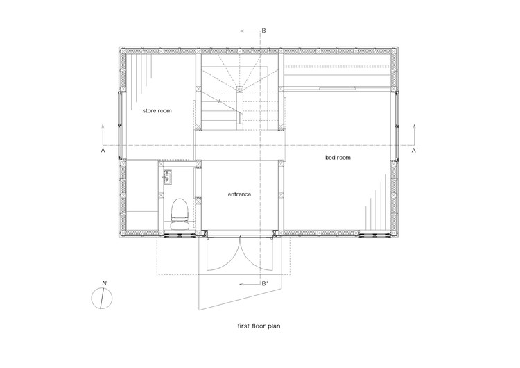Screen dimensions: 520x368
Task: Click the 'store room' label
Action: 157,111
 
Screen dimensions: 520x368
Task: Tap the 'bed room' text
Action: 338,158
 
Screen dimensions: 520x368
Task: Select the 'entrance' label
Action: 239,194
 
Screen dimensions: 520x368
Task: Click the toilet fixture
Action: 180,214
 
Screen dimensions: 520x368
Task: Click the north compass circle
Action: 101,299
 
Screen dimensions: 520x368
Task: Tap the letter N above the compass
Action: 105,283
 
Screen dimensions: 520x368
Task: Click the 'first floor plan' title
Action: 259,326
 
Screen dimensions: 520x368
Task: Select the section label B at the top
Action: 263,31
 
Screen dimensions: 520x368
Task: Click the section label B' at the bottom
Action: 265,284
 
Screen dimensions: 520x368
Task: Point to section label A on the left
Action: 103,151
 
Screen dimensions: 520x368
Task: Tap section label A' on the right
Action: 415,151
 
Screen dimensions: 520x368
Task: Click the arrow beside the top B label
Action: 250,31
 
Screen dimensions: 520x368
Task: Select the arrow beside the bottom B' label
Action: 250,284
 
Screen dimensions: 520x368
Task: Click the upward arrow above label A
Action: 103,135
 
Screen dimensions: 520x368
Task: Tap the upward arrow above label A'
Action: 414,135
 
